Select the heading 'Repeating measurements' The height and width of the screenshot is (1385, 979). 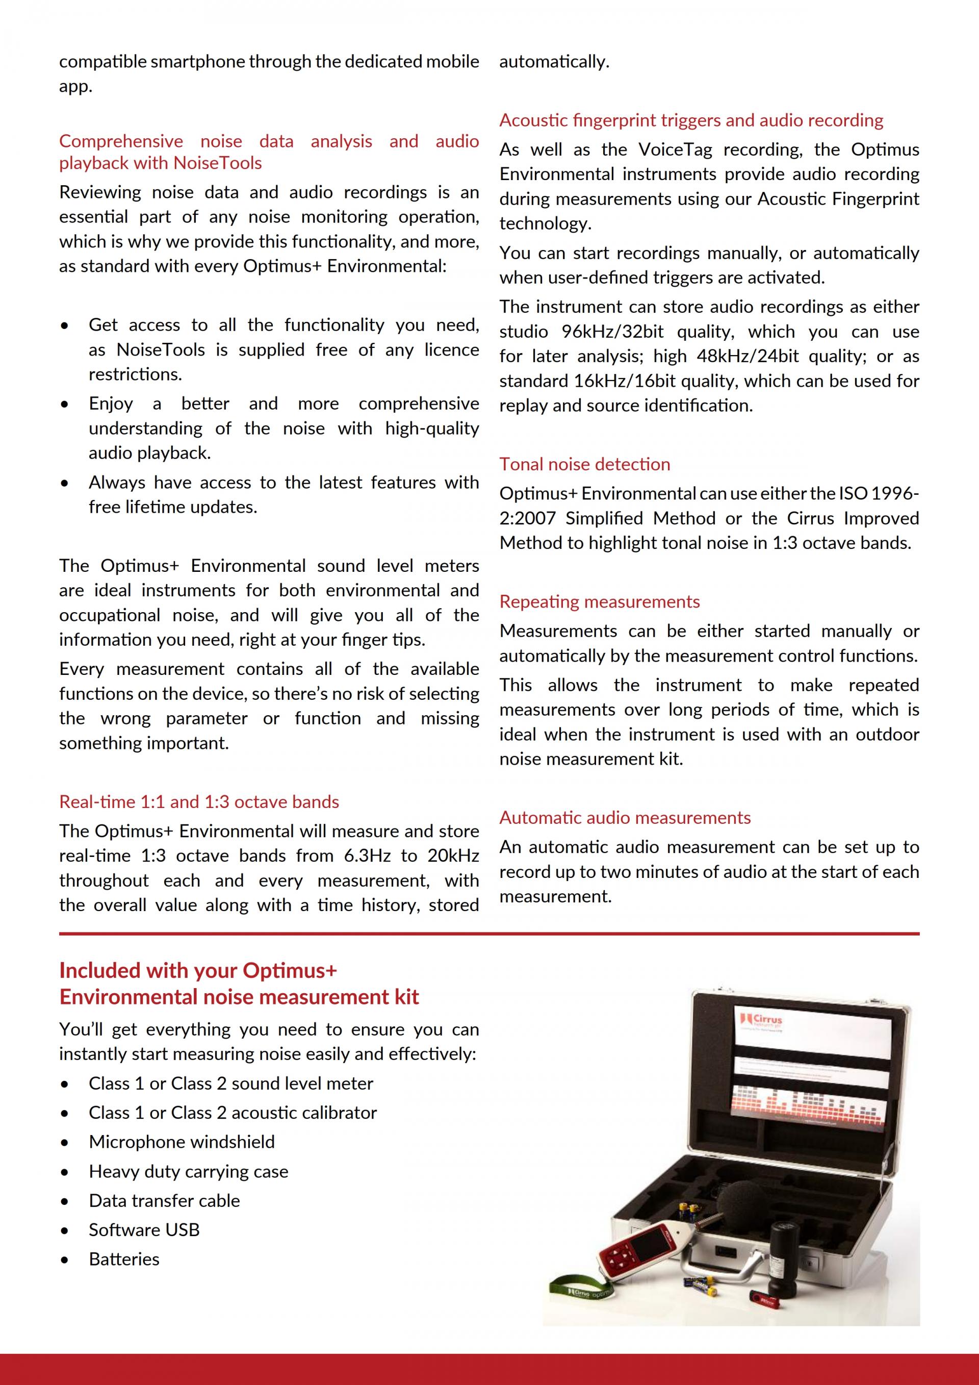[599, 601]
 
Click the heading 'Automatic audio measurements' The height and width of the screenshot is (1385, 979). [625, 817]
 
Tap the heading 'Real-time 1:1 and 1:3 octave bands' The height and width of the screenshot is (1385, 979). [199, 802]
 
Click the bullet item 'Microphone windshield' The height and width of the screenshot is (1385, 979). [182, 1142]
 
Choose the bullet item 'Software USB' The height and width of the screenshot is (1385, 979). [144, 1229]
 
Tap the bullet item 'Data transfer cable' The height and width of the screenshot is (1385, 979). [164, 1200]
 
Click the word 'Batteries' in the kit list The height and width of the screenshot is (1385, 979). [124, 1259]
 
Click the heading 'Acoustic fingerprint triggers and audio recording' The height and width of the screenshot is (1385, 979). [691, 120]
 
